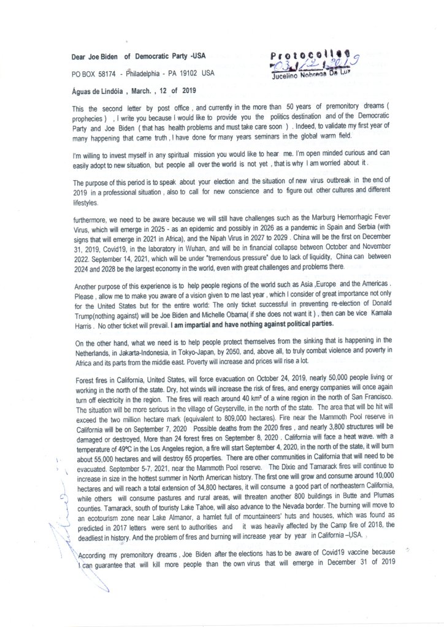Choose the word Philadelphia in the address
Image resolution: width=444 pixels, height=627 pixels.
tap(148, 74)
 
